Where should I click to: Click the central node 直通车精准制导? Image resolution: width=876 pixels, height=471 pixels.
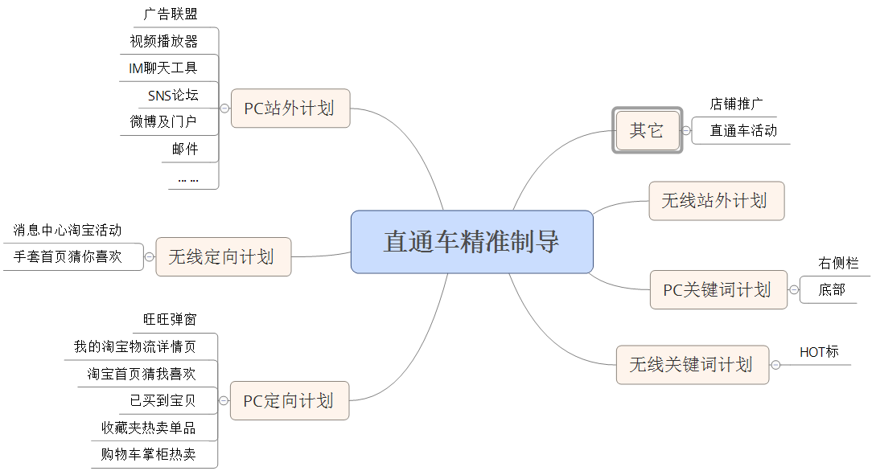pyautogui.click(x=471, y=242)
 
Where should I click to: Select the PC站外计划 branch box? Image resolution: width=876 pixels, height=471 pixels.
pyautogui.click(x=290, y=108)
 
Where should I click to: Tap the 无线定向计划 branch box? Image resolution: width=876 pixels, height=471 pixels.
pyautogui.click(x=222, y=256)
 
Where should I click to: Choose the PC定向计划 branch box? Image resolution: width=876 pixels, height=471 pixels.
pyautogui.click(x=289, y=400)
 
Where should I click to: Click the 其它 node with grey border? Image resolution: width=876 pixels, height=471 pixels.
pyautogui.click(x=647, y=130)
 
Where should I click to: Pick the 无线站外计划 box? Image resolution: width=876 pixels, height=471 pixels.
pyautogui.click(x=715, y=201)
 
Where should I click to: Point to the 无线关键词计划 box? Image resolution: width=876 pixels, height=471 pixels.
pyautogui.click(x=691, y=364)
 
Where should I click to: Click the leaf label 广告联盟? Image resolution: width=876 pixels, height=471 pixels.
pyautogui.click(x=171, y=14)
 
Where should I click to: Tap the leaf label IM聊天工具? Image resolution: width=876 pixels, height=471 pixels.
pyautogui.click(x=163, y=68)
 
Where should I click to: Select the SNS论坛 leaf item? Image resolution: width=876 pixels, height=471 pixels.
pyautogui.click(x=172, y=96)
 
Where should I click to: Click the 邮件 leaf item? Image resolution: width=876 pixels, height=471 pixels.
pyautogui.click(x=184, y=149)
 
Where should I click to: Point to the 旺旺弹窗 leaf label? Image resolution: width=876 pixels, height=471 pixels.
pyautogui.click(x=170, y=319)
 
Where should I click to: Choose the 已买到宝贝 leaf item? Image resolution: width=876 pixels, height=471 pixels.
pyautogui.click(x=162, y=400)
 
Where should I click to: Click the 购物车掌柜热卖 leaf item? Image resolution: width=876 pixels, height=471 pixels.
pyautogui.click(x=148, y=454)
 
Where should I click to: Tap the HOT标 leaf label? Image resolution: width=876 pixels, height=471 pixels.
pyautogui.click(x=819, y=352)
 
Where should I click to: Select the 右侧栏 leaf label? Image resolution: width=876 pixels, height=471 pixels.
pyautogui.click(x=838, y=263)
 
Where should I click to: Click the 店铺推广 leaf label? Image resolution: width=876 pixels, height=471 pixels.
pyautogui.click(x=736, y=104)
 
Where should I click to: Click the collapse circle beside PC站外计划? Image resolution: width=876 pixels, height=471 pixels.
pyautogui.click(x=224, y=109)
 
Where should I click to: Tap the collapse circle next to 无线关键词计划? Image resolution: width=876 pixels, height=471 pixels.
pyautogui.click(x=775, y=365)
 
